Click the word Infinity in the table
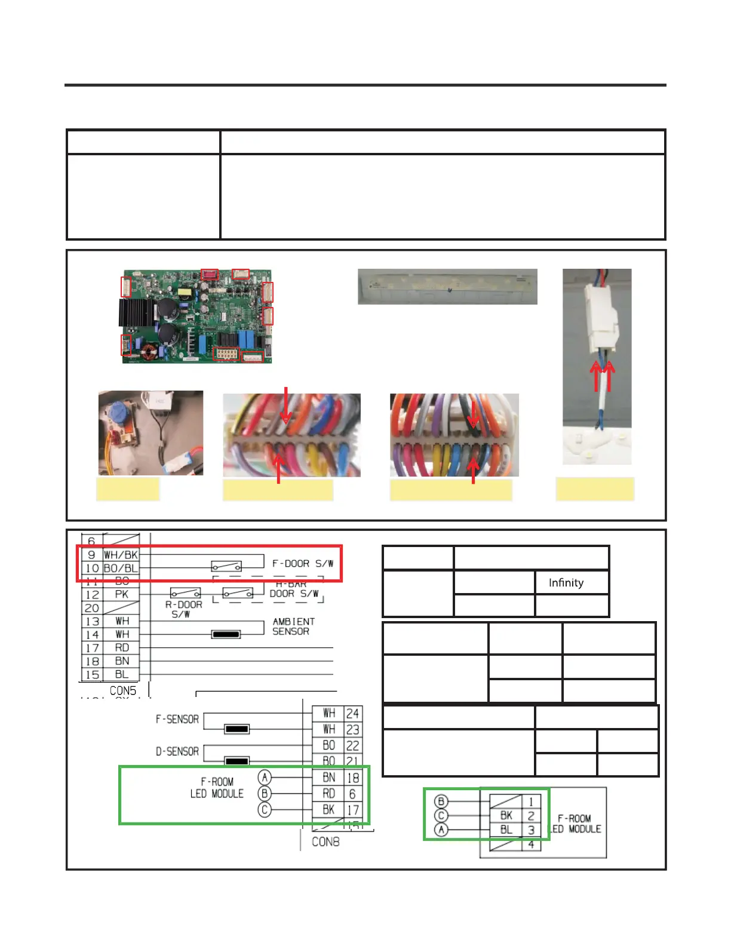click(x=566, y=582)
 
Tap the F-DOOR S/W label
click(x=302, y=563)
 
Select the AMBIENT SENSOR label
click(x=293, y=626)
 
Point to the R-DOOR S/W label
click(x=183, y=609)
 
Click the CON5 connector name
click(x=122, y=690)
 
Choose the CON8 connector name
click(x=325, y=841)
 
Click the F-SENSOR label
click(x=177, y=720)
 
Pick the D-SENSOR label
click(x=177, y=751)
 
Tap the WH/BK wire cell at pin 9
click(x=121, y=555)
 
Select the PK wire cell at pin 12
click(x=121, y=594)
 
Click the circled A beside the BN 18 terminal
click(x=265, y=777)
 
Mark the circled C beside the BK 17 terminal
click(x=265, y=809)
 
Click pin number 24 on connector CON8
click(x=352, y=713)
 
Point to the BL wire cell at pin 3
click(x=506, y=830)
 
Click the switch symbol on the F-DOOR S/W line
click(x=226, y=566)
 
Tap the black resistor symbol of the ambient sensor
click(x=226, y=634)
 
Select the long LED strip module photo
click(x=447, y=287)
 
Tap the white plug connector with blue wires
click(x=600, y=317)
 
